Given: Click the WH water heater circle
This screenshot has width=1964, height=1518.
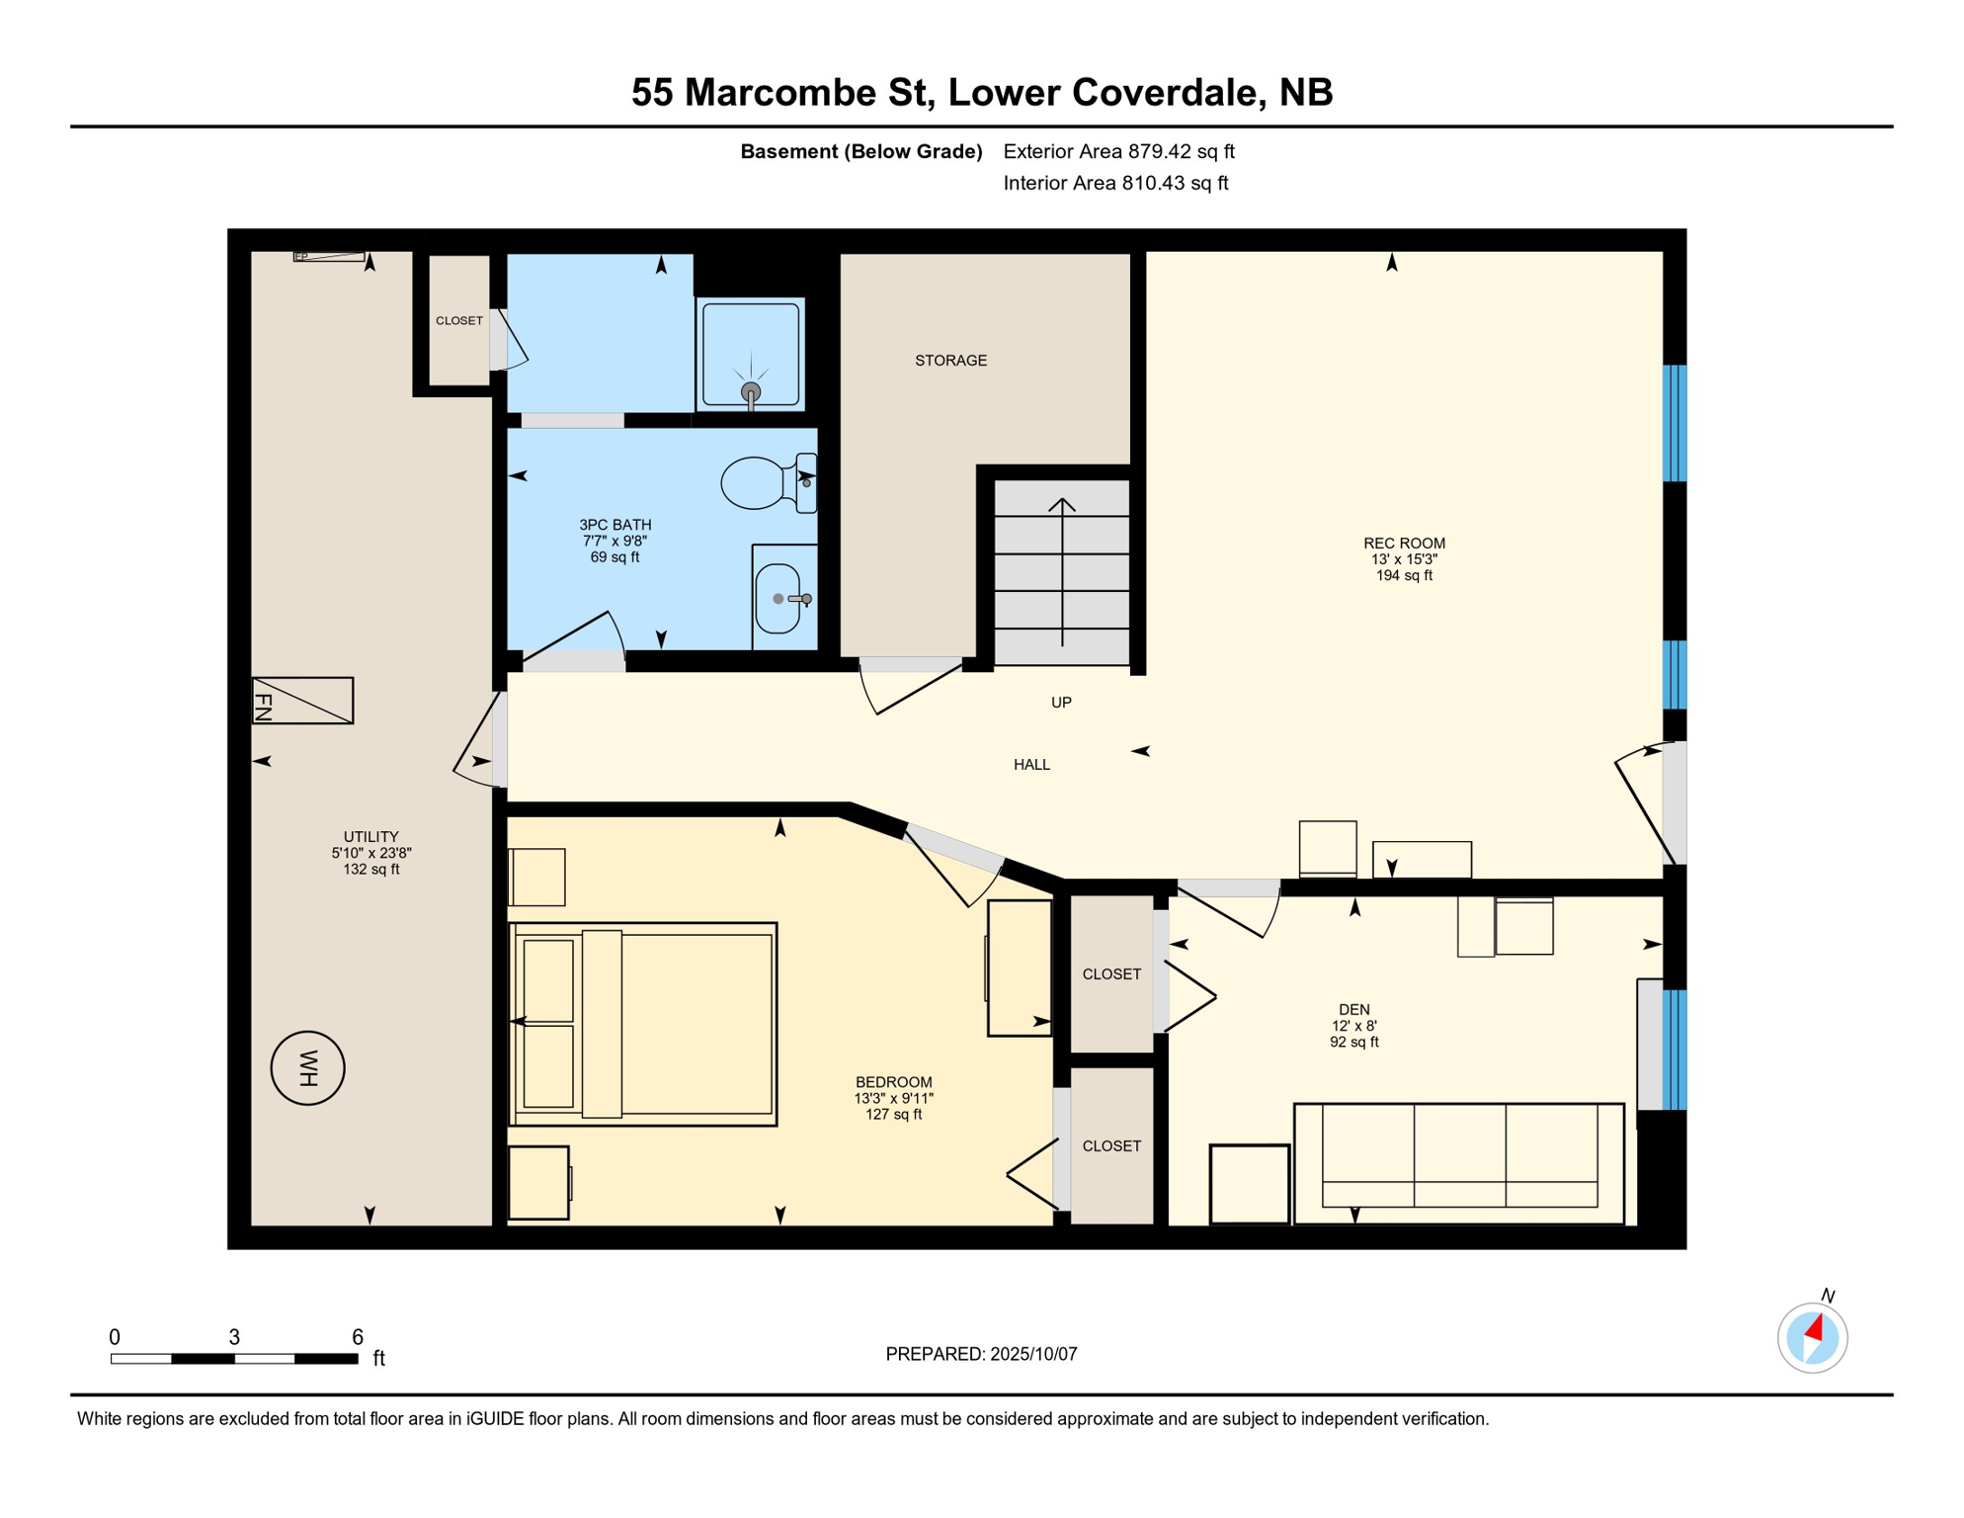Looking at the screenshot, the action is tap(308, 1068).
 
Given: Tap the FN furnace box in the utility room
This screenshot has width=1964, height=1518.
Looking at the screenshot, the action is tap(302, 701).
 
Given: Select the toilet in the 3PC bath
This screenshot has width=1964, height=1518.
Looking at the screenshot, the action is tap(769, 482).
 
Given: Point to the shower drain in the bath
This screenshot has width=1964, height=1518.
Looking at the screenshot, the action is tap(751, 391).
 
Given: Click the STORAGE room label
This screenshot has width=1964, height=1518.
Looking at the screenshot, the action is tap(950, 361).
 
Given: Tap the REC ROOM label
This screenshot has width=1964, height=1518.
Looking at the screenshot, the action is tap(1404, 544).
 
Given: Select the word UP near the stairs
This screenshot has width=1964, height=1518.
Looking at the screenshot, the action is tap(1061, 703).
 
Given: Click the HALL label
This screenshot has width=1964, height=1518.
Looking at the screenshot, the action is tap(1031, 765).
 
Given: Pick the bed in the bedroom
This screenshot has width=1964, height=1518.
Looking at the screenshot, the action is tap(643, 1025).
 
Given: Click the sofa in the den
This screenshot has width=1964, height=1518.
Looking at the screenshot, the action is tap(1459, 1163).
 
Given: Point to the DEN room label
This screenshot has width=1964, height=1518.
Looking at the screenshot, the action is tap(1353, 1010).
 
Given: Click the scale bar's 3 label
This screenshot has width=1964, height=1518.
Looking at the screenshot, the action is tap(234, 1337).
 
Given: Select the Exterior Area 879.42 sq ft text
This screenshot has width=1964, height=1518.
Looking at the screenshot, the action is tap(1118, 151).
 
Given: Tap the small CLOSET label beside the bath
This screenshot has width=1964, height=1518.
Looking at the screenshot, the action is tap(459, 321).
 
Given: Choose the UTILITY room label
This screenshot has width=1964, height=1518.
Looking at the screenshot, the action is tap(371, 837).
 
